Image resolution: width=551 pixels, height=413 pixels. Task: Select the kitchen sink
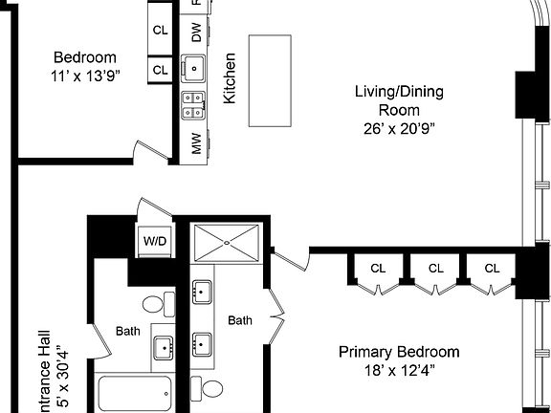click(x=195, y=68)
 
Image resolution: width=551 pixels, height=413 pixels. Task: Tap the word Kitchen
click(x=230, y=78)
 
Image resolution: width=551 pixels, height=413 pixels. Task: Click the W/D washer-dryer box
click(x=154, y=241)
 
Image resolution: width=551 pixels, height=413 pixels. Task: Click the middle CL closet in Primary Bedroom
click(x=436, y=268)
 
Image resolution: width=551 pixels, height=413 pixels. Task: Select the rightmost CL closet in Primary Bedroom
click(x=492, y=268)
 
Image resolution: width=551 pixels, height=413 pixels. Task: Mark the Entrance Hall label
click(x=42, y=378)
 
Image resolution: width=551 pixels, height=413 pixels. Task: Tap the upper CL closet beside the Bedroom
click(x=160, y=31)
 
